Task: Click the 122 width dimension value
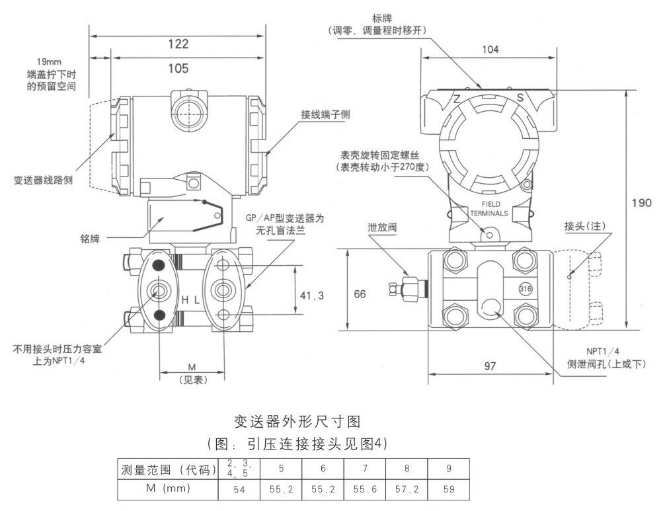coord(178,44)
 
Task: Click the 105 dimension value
coord(178,68)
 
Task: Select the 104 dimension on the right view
coord(490,49)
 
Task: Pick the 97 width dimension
coord(490,366)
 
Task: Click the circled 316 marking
coord(526,289)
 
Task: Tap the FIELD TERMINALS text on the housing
coord(490,209)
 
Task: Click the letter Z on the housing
coord(456,98)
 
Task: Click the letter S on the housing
coord(520,98)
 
